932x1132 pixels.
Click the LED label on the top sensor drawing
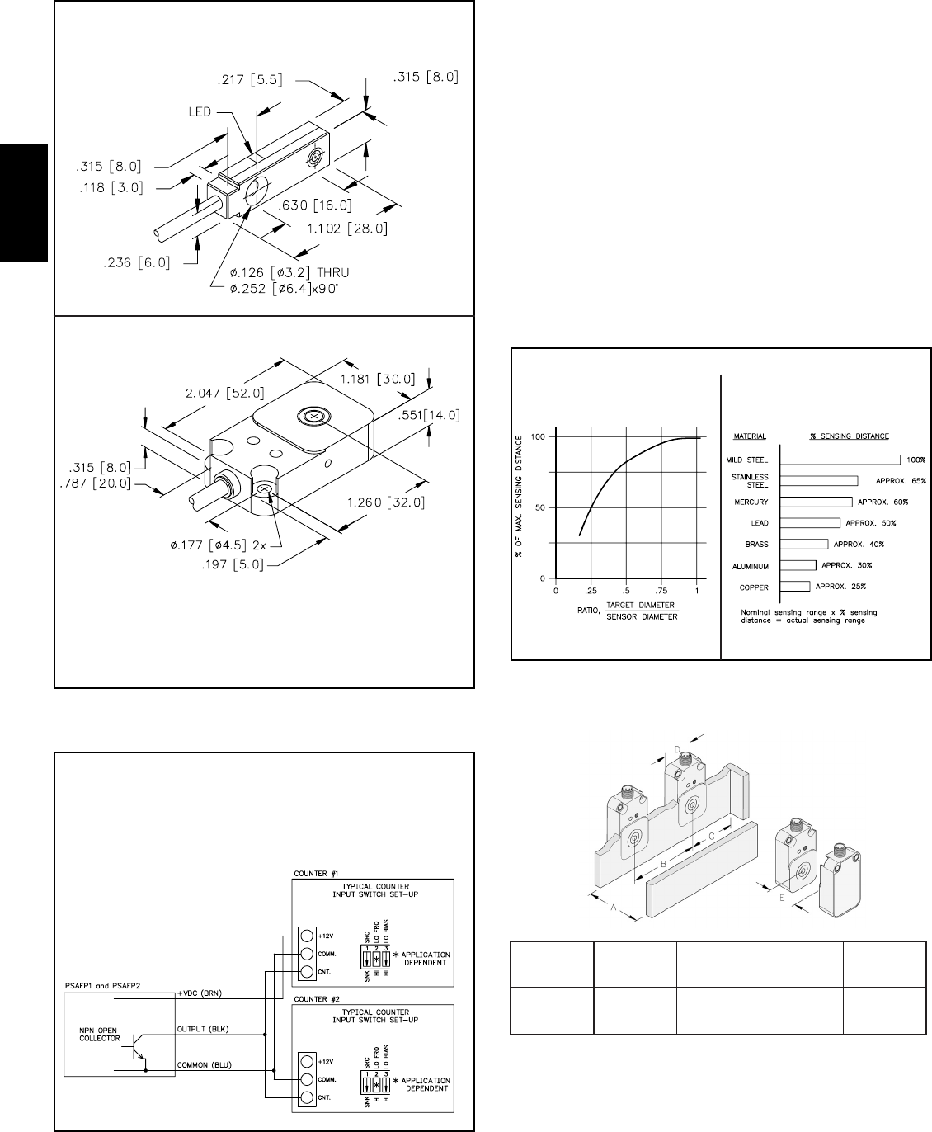point(200,111)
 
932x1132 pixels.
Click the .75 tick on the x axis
point(662,592)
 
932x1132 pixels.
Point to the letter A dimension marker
point(614,908)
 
